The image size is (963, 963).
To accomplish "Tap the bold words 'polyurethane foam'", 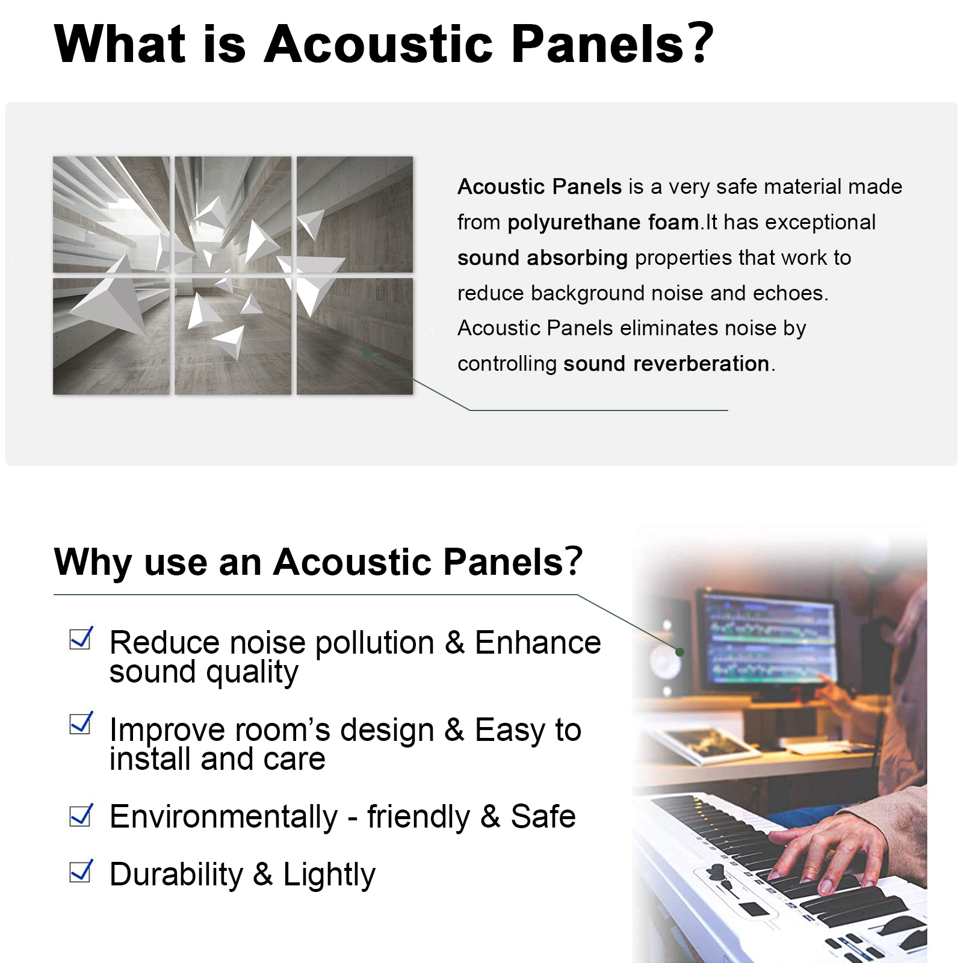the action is (x=603, y=223).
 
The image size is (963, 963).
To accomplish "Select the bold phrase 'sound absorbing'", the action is (x=542, y=258).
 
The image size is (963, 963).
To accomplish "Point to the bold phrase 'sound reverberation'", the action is (x=666, y=364).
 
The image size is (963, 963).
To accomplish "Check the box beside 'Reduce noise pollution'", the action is (x=81, y=638).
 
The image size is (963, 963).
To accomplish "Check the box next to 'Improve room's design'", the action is (x=81, y=723).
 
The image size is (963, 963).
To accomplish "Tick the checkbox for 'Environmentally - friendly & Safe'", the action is (x=81, y=815).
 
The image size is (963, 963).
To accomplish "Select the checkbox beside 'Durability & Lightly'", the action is (x=81, y=871).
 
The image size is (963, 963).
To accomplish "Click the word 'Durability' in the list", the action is (x=176, y=874).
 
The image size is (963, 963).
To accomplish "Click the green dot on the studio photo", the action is (x=680, y=652).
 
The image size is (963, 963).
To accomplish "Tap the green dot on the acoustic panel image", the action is (x=367, y=353).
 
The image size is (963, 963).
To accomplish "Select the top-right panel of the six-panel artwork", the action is (x=355, y=214).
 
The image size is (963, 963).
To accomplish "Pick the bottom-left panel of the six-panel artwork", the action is (x=111, y=336).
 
